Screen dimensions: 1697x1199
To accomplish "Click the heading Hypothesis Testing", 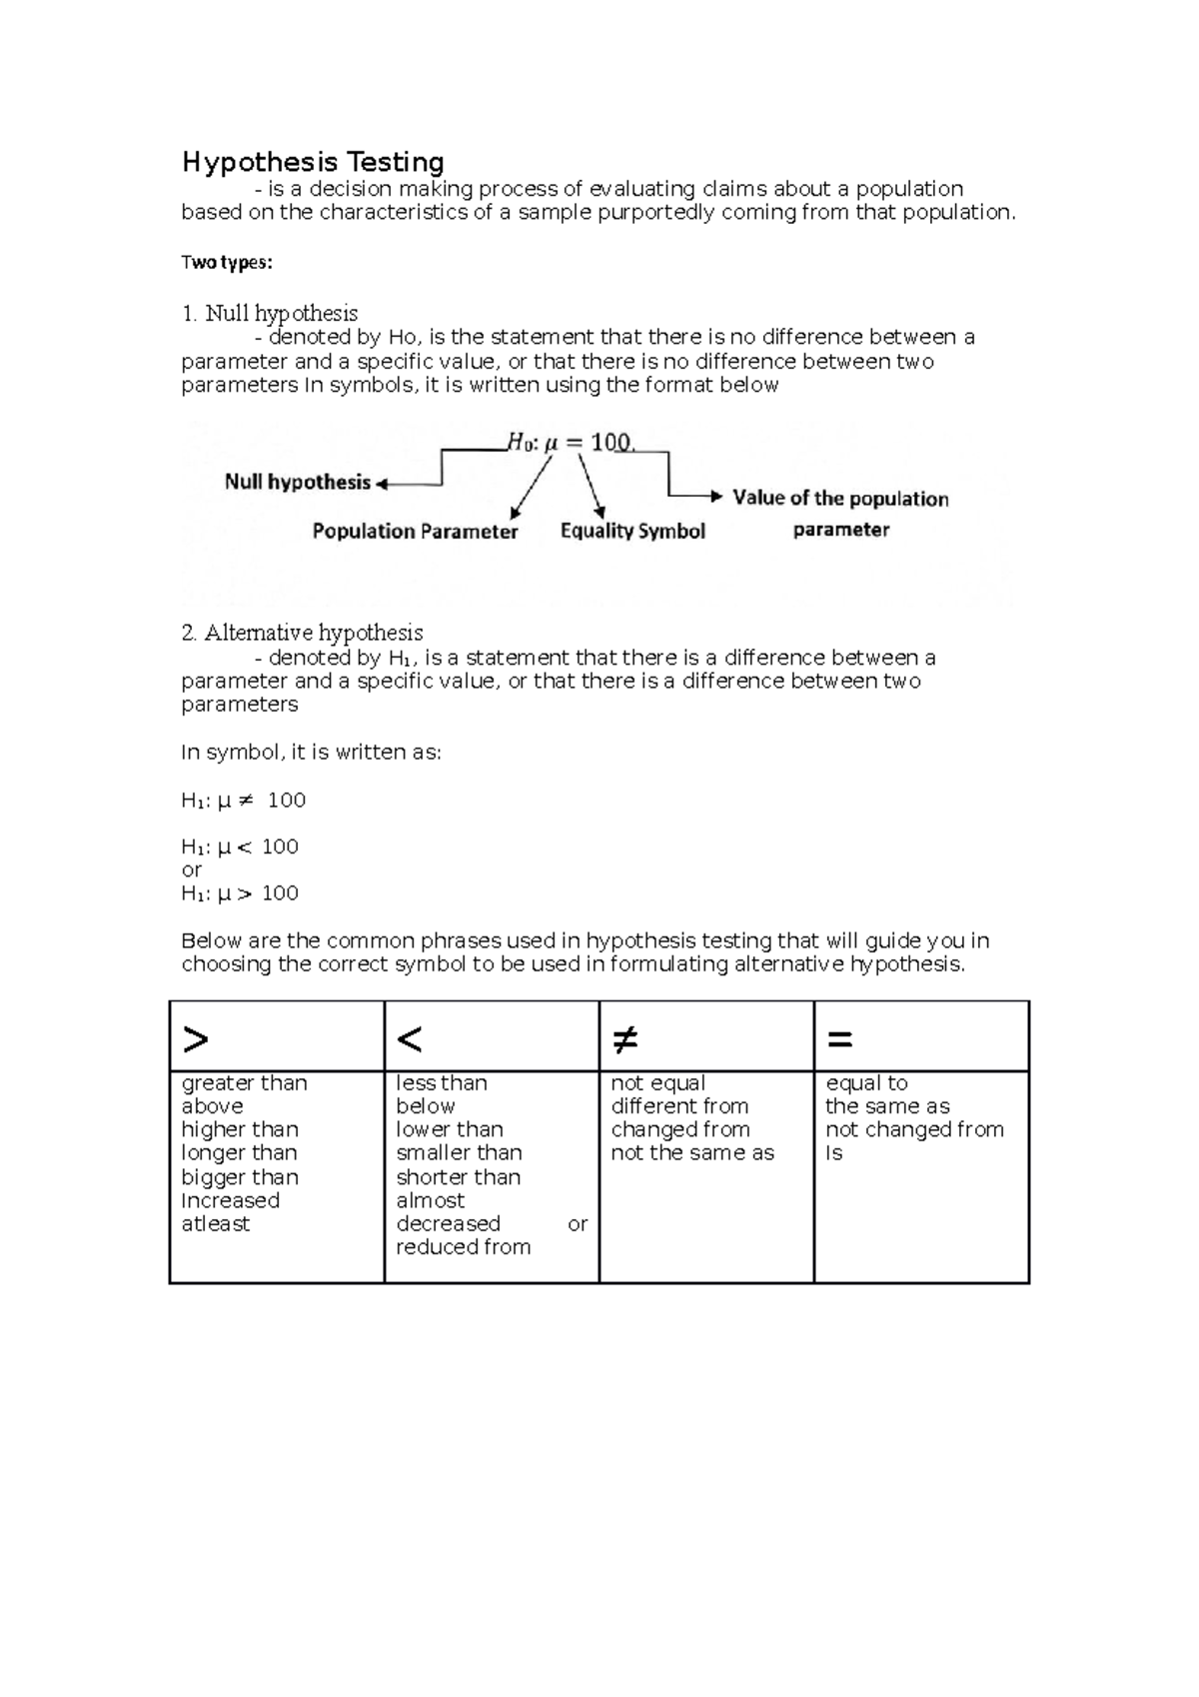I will (313, 162).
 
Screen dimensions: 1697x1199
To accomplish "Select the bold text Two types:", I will (226, 263).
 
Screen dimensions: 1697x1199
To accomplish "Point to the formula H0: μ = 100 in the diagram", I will (570, 443).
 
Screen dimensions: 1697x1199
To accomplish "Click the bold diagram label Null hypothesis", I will (297, 483).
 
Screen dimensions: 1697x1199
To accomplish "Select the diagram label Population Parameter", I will (415, 532).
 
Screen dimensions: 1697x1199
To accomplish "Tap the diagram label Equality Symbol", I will (632, 532).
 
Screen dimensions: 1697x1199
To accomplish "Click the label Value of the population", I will (840, 499).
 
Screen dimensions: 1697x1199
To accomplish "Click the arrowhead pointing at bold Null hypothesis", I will (381, 485).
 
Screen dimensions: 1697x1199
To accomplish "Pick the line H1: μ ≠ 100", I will (243, 801).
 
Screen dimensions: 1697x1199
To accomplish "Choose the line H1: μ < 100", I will (240, 848).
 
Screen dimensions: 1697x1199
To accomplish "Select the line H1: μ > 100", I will (240, 893).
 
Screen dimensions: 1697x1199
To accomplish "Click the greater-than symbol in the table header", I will (196, 1040).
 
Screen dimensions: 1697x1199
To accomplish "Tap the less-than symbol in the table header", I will (410, 1040).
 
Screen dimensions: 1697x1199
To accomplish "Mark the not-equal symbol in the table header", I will (624, 1040).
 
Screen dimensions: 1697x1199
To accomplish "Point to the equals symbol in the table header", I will (839, 1040).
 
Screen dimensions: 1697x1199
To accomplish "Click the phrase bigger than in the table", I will (240, 1177).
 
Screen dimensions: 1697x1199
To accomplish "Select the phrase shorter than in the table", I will (458, 1177).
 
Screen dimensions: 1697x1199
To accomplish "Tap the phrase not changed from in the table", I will (914, 1130).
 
